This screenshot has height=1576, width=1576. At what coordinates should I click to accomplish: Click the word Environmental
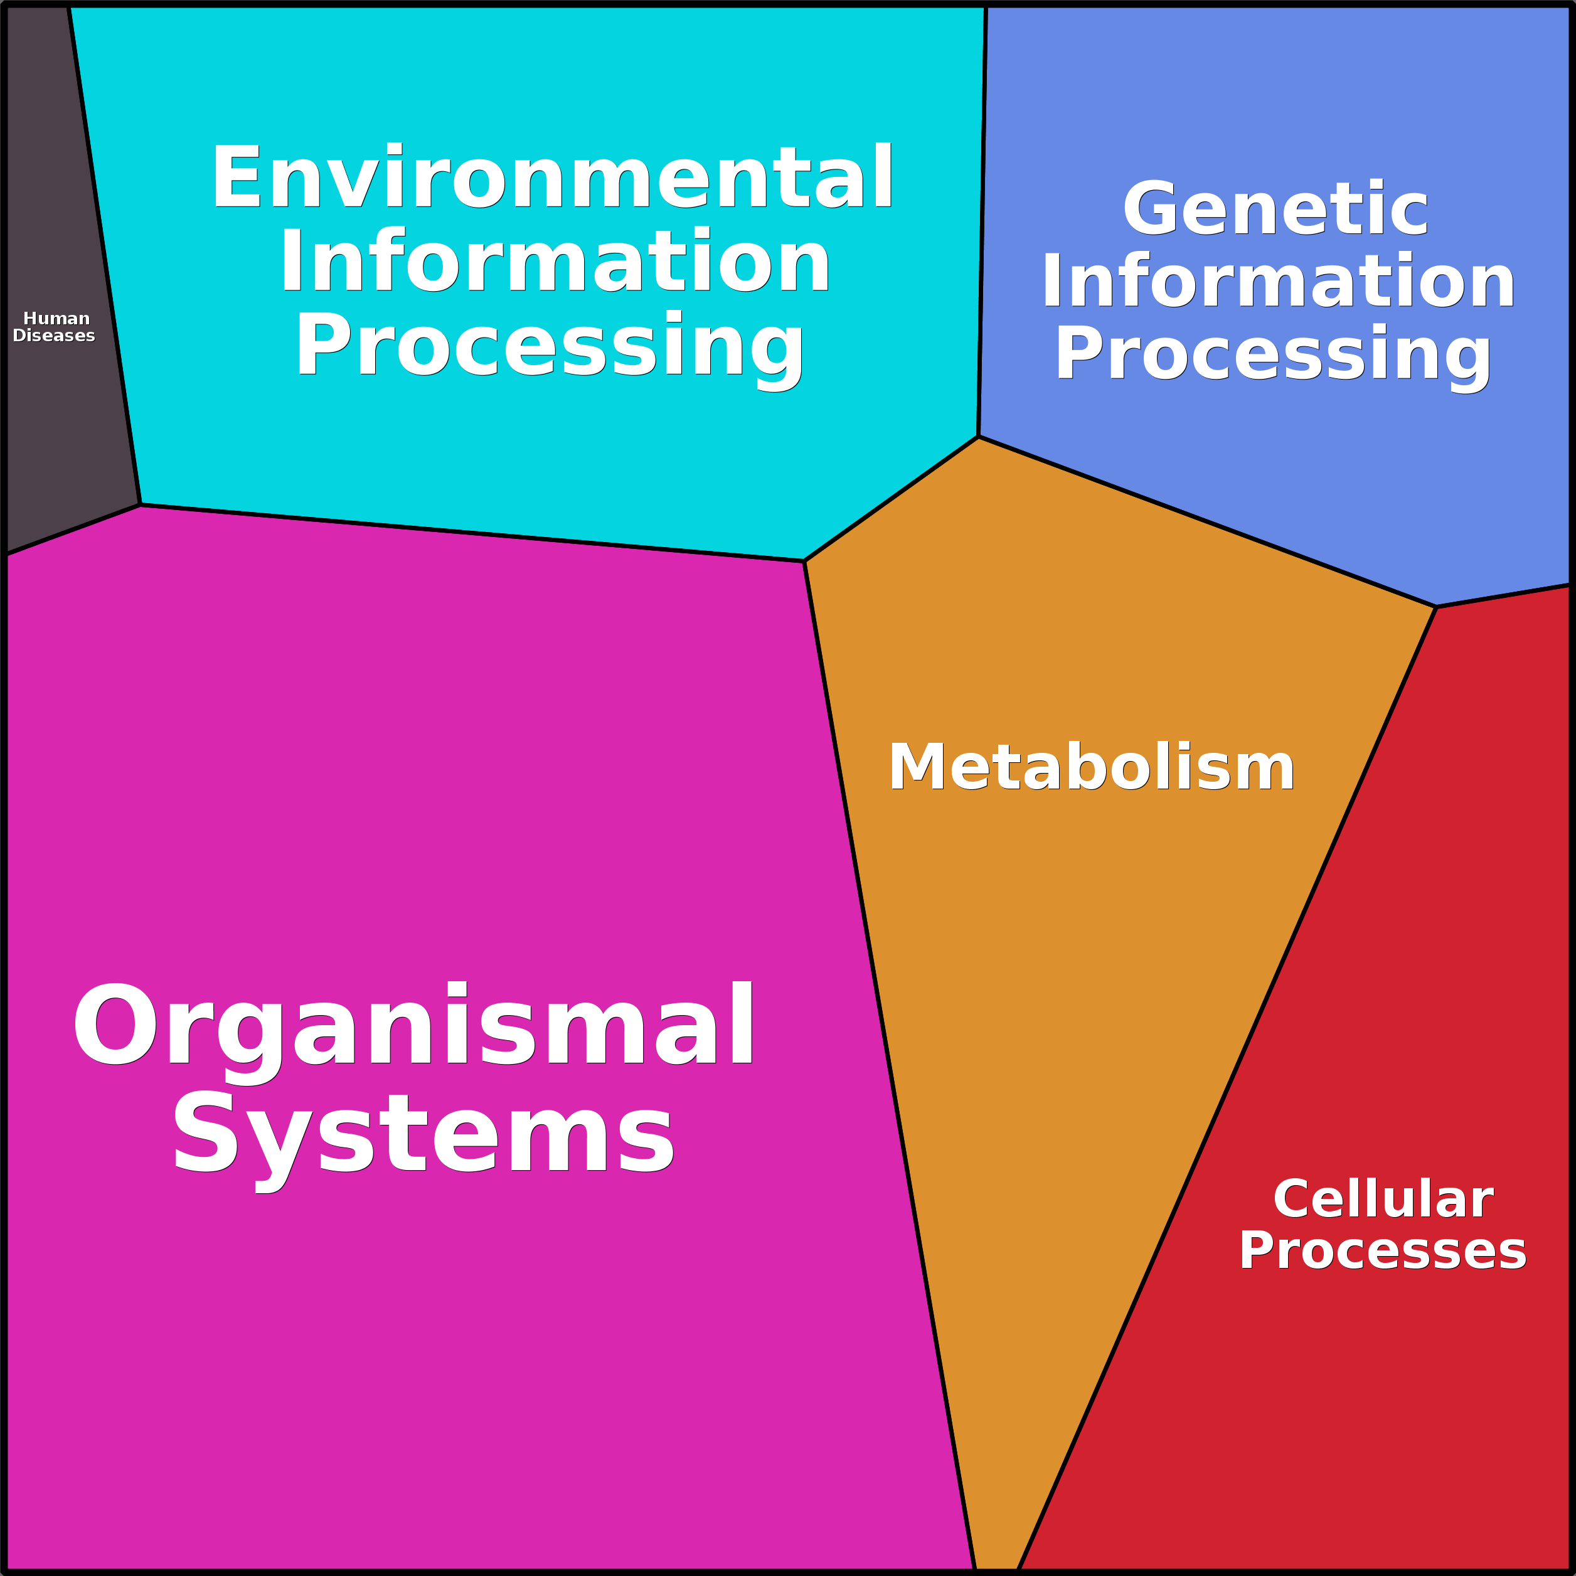click(552, 177)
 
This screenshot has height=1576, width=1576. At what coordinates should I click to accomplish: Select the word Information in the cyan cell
click(555, 262)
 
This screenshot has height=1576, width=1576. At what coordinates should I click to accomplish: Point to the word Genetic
click(1275, 209)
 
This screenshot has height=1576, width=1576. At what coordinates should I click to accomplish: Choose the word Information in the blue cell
click(1277, 282)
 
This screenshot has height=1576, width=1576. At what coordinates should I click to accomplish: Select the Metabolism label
click(1092, 767)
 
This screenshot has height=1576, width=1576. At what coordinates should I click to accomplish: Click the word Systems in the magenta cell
click(423, 1132)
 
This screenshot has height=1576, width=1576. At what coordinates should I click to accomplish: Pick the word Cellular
click(1383, 1199)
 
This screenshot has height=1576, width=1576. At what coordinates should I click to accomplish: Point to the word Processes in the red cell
click(1383, 1250)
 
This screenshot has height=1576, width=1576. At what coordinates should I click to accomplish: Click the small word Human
click(56, 319)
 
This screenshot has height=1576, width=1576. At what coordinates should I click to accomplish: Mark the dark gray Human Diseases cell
click(57, 424)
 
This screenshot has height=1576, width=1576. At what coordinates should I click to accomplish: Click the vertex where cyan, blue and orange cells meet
click(978, 437)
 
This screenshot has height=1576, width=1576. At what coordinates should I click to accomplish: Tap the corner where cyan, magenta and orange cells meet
click(804, 562)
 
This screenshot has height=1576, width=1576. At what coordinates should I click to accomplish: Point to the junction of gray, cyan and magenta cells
click(141, 505)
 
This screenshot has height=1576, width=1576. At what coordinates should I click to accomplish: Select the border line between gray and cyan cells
click(104, 256)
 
